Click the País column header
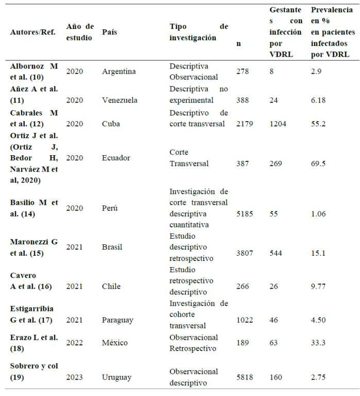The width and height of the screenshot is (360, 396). [x=109, y=32]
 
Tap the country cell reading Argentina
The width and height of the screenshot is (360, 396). [x=119, y=71]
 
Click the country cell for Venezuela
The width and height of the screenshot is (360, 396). [x=120, y=100]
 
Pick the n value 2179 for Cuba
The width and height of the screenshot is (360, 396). [x=245, y=124]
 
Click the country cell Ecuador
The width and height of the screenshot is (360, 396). [x=116, y=158]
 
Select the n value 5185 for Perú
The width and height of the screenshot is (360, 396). [x=245, y=214]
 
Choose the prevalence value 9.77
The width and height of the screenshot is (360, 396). [x=319, y=287]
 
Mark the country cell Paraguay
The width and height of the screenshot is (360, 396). [x=118, y=320]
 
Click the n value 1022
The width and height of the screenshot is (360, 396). [x=245, y=320]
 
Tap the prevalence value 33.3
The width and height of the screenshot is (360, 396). [x=319, y=343]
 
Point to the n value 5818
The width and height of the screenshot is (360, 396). [x=245, y=377]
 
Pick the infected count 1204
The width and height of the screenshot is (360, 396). [x=279, y=124]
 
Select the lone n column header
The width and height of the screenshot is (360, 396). [x=238, y=43]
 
